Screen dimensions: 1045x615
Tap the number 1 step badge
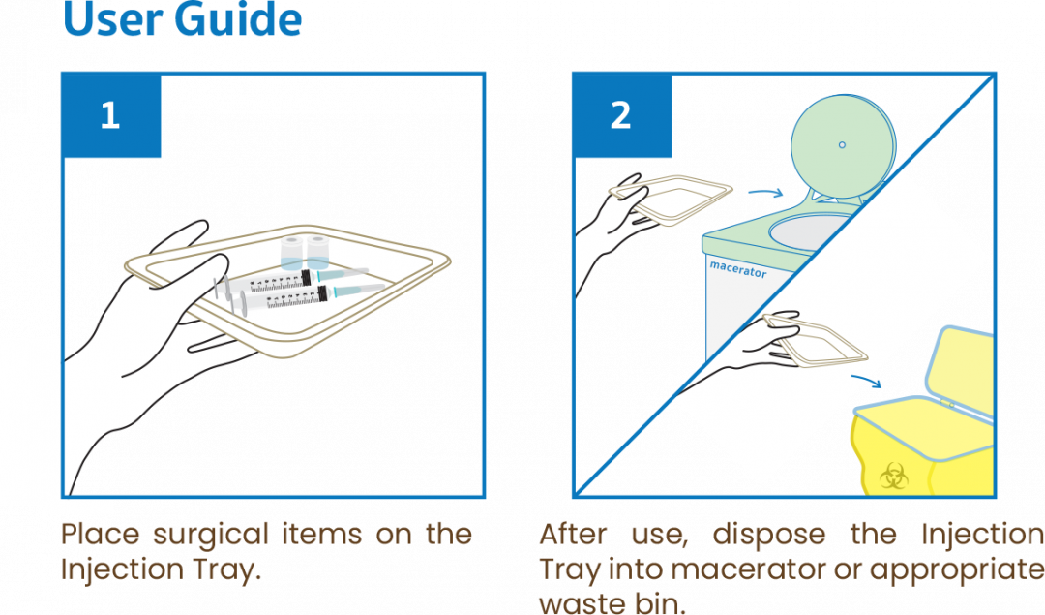111,115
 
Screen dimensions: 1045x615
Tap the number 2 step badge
622,115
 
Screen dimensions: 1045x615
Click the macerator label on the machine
737,269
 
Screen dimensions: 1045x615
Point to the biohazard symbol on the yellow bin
893,477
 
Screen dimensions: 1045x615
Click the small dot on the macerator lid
842,144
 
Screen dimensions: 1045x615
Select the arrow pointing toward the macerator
765,193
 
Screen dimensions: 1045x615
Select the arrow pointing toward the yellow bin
866,381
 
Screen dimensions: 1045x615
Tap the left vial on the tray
291,253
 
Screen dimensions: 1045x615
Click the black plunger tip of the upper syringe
306,278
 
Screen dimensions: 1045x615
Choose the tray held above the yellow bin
815,342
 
